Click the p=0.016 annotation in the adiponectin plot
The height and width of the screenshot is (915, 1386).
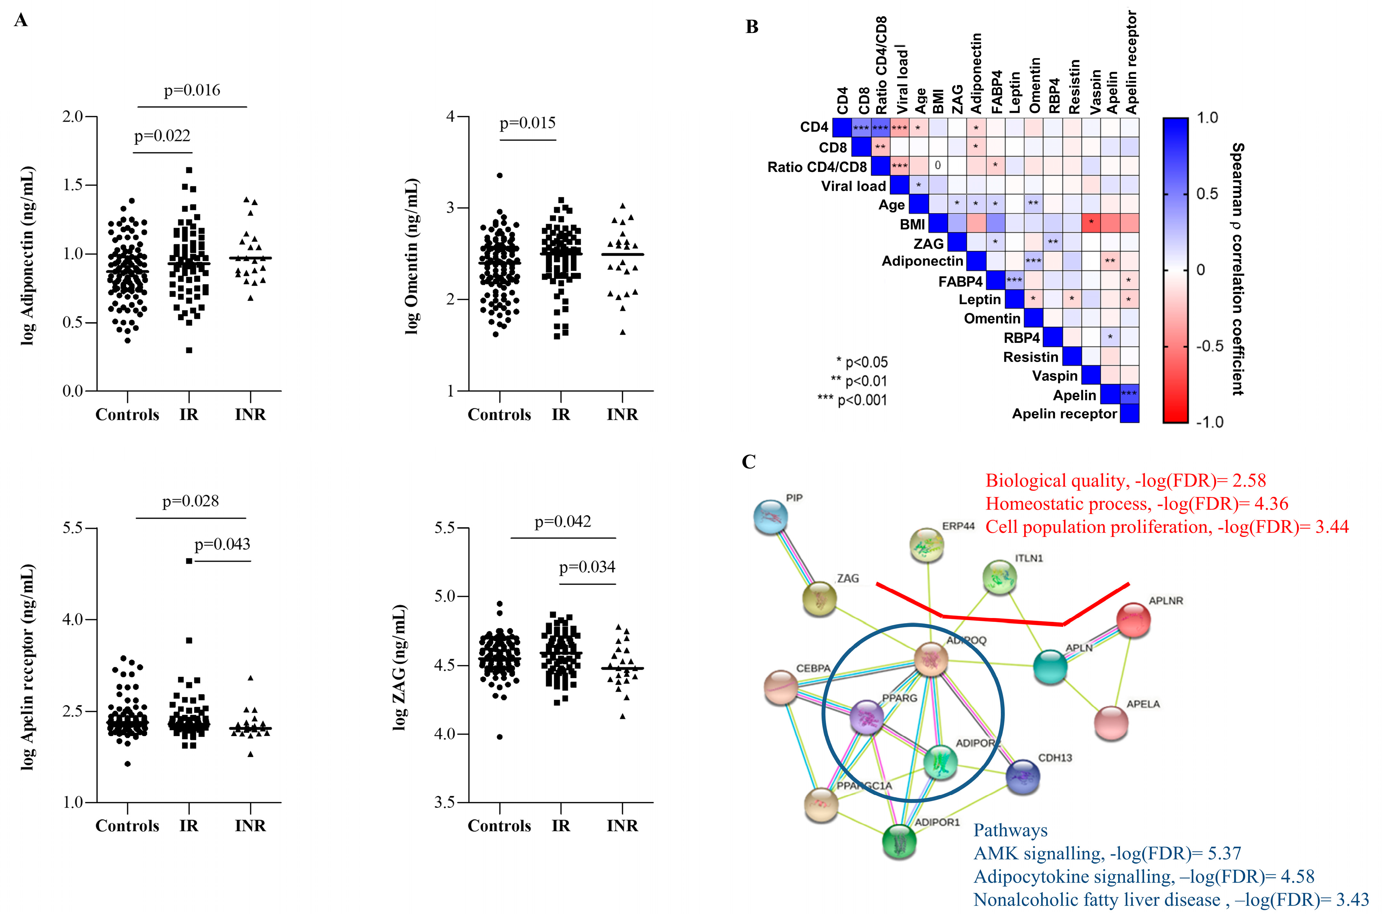coord(192,90)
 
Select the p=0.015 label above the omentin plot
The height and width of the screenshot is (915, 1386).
coord(528,123)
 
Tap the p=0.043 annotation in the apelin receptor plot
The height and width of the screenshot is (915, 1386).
coord(222,545)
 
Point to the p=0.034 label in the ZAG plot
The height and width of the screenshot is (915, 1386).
coord(587,567)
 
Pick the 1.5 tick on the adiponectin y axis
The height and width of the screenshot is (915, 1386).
coord(72,185)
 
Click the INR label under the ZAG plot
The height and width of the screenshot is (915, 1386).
coord(622,826)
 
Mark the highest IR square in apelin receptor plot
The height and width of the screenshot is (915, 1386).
coord(189,561)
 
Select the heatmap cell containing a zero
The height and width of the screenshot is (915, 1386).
coord(938,166)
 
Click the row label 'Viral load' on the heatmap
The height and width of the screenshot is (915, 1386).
coord(853,186)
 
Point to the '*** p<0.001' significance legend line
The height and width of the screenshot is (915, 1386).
coord(852,400)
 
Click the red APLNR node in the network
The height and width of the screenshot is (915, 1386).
coord(1133,620)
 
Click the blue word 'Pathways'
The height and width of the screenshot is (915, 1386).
coord(1010,830)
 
